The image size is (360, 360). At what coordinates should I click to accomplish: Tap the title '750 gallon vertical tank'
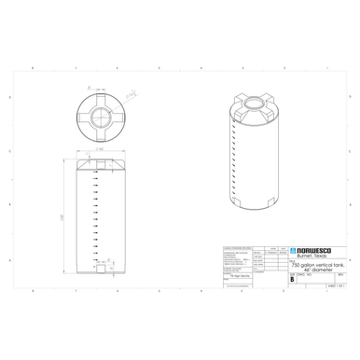[x=318, y=264]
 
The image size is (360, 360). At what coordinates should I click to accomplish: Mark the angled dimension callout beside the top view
[x=131, y=94]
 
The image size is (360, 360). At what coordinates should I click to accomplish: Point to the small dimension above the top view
[x=103, y=83]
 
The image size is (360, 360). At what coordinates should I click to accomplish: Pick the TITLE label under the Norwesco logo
[x=292, y=261]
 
